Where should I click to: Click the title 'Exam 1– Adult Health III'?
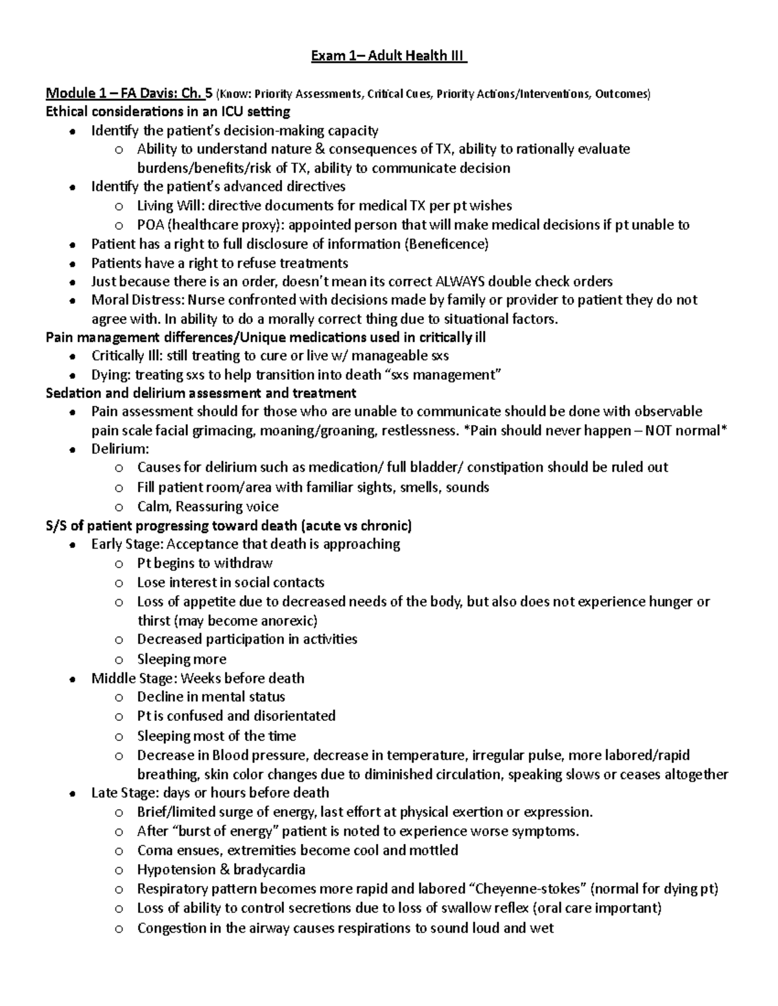point(389,56)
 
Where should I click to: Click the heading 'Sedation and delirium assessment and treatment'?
point(201,393)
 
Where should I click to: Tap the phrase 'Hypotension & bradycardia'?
point(221,870)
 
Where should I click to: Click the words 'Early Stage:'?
point(127,544)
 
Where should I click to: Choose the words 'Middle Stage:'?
point(134,678)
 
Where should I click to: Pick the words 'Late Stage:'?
point(125,793)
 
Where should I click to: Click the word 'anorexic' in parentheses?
point(287,621)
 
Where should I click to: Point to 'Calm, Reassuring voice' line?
point(207,507)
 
